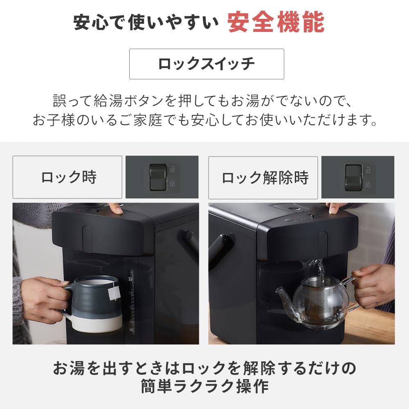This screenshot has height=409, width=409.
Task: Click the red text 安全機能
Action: [276, 23]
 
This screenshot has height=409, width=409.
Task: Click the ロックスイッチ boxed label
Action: [207, 64]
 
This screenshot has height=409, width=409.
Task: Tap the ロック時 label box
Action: [67, 177]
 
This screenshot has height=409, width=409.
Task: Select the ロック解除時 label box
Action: [263, 177]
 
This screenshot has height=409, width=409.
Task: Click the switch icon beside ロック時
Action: [159, 177]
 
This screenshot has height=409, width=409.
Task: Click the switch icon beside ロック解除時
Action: [354, 177]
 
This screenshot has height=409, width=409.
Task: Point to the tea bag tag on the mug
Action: [114, 292]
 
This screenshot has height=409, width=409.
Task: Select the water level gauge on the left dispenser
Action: [131, 303]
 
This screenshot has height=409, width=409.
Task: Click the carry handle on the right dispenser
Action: [221, 249]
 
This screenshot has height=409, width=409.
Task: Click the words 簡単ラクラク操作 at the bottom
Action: [204, 386]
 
